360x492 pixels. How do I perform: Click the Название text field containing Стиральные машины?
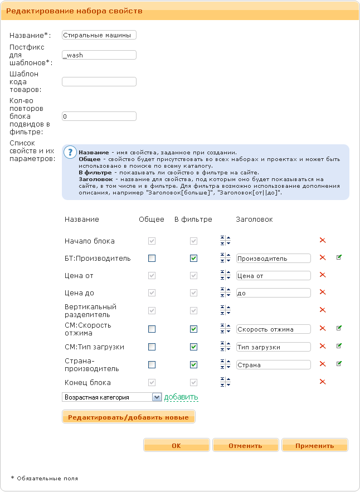[99, 35]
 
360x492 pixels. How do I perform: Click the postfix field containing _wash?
[99, 55]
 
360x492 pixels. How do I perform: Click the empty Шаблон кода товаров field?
[99, 82]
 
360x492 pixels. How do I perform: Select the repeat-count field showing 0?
[99, 116]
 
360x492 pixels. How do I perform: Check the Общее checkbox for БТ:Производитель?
[152, 259]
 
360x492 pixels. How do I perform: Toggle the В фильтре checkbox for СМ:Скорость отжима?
[193, 329]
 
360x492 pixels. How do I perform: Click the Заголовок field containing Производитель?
[273, 259]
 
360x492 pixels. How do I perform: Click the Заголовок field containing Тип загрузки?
[273, 347]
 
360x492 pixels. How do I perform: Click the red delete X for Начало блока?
[322, 240]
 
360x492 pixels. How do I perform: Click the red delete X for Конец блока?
[322, 382]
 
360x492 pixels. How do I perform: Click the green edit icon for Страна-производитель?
[339, 364]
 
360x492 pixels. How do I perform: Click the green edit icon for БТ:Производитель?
[339, 257]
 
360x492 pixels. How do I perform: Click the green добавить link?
[181, 397]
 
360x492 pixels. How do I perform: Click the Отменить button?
[245, 445]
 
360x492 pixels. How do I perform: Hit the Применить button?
[314, 445]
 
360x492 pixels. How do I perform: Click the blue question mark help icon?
[70, 152]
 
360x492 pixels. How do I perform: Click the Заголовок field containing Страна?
[273, 365]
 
